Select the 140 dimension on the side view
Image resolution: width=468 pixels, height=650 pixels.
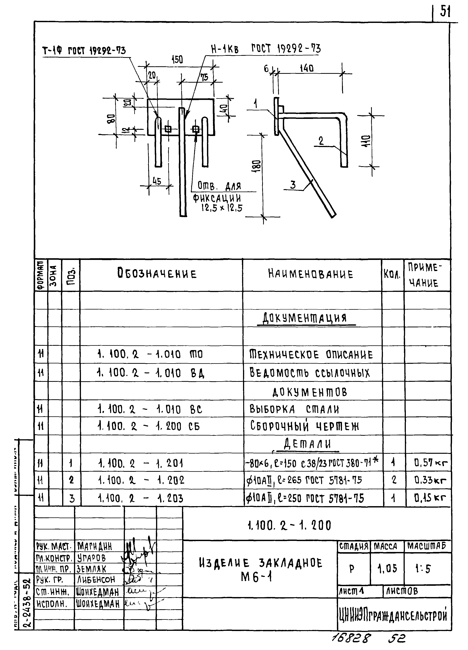click(x=307, y=69)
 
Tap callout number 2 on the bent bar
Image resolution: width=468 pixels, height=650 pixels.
click(x=321, y=141)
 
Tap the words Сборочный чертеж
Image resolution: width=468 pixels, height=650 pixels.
click(x=304, y=426)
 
